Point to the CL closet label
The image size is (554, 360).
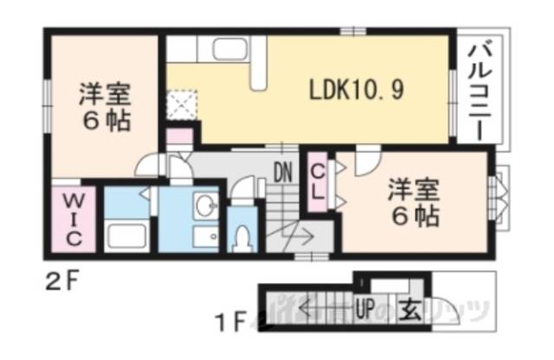point(319,183)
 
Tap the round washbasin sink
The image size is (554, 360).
point(205,205)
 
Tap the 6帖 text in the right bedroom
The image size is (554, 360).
point(413,213)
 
